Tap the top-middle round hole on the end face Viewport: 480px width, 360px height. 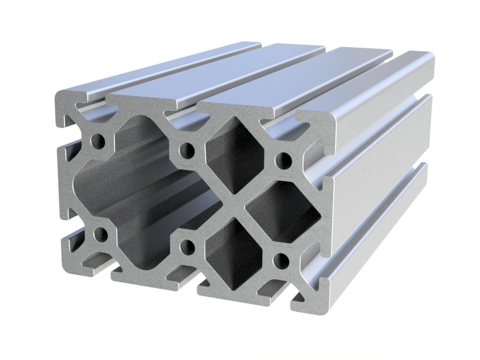tap(187, 149)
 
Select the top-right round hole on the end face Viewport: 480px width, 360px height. tap(283, 159)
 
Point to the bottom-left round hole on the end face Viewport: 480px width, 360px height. tap(101, 234)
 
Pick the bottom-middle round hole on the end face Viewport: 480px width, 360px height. tap(187, 246)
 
